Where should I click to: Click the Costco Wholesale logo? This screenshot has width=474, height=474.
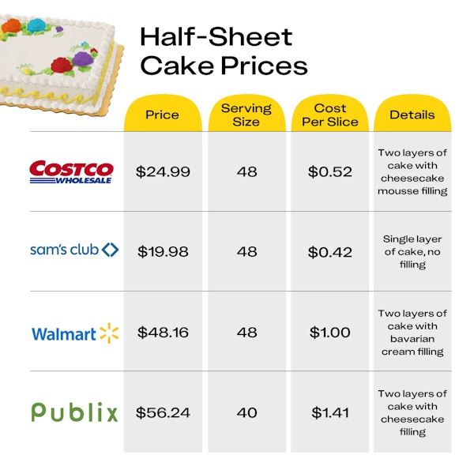71,171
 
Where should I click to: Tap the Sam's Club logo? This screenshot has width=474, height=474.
74,250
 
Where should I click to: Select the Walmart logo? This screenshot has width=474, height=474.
75,333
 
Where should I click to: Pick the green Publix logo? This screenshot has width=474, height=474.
74,412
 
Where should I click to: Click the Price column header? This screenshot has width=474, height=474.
162,115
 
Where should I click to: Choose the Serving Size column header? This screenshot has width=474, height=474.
246,115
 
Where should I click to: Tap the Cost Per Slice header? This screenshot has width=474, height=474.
329,115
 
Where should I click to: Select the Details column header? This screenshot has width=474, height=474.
412,115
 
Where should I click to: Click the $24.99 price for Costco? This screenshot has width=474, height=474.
163,171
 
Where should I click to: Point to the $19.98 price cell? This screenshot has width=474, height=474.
163,251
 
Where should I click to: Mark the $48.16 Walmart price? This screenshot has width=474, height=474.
163,333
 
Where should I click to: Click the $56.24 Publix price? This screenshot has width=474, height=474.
163,412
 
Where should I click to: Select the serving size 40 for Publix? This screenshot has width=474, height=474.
246,412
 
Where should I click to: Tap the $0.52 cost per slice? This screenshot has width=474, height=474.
329,171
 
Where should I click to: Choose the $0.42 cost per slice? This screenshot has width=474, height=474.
329,251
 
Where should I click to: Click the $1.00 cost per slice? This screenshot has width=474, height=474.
329,333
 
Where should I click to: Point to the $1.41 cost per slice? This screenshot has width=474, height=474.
329,412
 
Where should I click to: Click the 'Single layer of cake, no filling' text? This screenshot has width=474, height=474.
412,251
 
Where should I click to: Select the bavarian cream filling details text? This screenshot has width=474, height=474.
412,333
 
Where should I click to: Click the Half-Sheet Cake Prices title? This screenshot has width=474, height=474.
223,50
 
